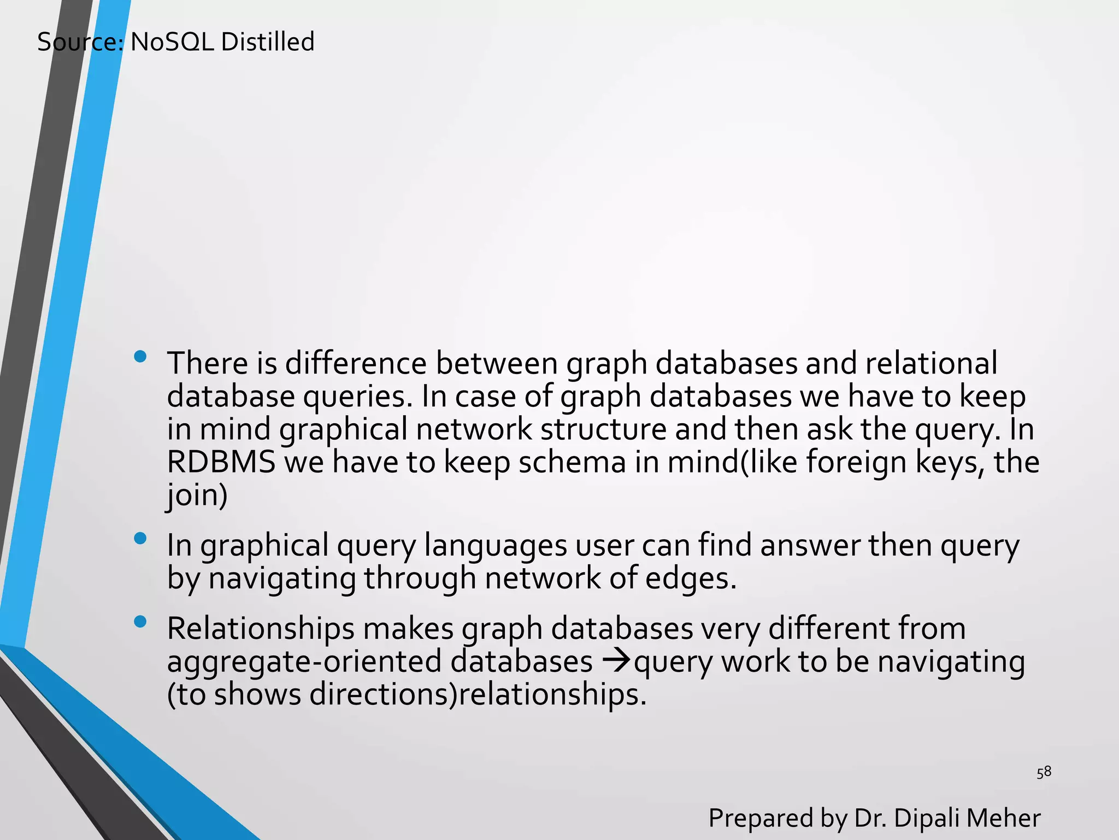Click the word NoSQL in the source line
172,42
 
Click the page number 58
1044,772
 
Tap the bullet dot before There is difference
140,357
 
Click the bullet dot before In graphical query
140,539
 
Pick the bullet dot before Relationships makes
140,622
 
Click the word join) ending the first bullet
197,495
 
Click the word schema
572,462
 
